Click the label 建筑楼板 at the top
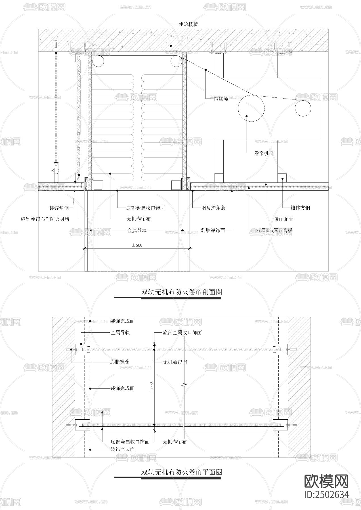pos(188,24)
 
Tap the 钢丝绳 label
pos(221,99)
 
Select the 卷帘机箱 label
pos(264,153)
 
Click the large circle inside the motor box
pos(251,108)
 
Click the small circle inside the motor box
pos(303,108)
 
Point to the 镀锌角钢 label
pos(59,208)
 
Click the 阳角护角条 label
pos(213,208)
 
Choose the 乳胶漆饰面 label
pos(213,230)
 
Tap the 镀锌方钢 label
pos(300,208)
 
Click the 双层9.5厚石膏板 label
pos(274,230)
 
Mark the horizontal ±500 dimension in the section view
pos(137,245)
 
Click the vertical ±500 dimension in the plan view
pos(151,387)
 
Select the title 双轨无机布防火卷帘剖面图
pos(182,292)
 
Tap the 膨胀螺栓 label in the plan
pos(120,362)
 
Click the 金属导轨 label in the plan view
pos(120,332)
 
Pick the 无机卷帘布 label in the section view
pos(138,219)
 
